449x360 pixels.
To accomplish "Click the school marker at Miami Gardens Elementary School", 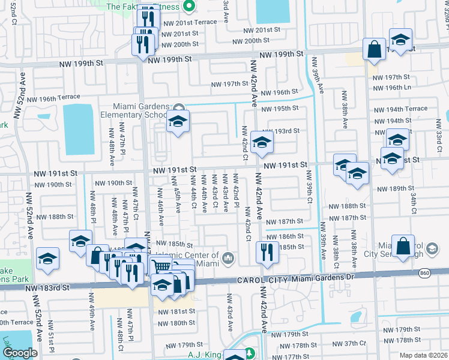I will point(178,121).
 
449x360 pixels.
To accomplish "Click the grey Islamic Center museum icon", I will point(228,259).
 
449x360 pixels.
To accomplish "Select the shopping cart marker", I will point(160,265).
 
